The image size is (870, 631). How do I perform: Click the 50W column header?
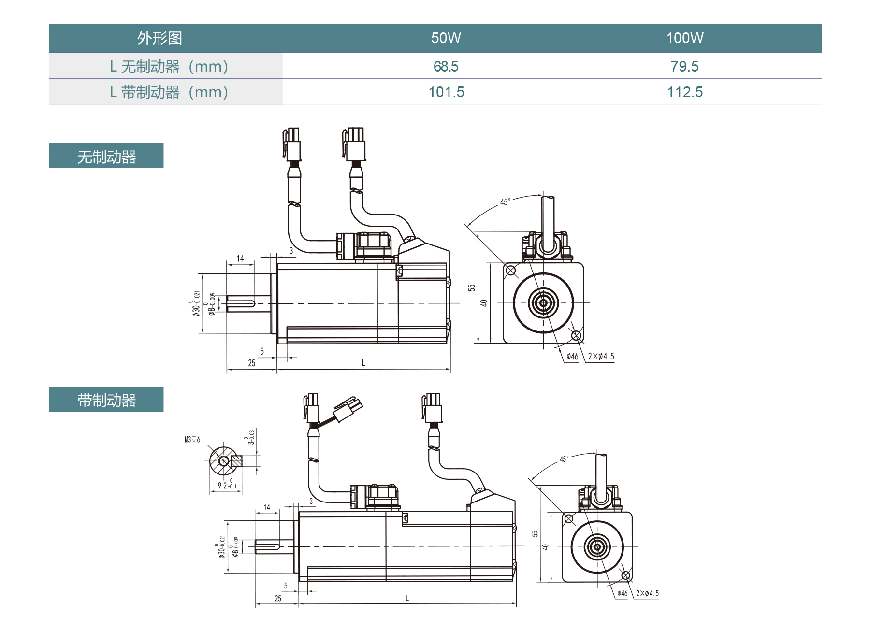446,38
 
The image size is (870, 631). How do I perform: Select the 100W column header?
684,38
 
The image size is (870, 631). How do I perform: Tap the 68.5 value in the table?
446,66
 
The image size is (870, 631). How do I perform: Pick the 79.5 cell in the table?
684,66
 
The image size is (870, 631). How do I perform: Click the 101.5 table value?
446,92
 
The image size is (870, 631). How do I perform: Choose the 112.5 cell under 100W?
684,92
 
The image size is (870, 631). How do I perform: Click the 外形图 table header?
159,38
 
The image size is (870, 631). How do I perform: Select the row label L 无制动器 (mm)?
169,66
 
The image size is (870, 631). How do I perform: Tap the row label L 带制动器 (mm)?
169,92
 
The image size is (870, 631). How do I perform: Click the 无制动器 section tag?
106,156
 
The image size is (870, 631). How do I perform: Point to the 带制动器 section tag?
106,400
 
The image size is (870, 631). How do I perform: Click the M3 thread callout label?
192,440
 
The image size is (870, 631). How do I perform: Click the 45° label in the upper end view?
505,202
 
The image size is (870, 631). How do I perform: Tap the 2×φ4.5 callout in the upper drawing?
601,357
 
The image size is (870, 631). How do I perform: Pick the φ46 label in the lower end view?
623,593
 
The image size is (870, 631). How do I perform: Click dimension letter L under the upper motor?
363,363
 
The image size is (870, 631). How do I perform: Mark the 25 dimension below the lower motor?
278,598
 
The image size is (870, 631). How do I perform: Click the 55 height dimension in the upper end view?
472,287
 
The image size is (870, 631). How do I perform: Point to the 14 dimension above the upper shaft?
240,258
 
